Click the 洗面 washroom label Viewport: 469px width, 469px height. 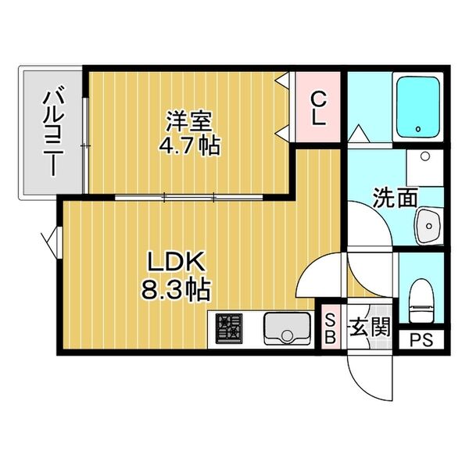pyautogui.click(x=396, y=198)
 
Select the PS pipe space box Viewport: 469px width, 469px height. pyautogui.click(x=421, y=341)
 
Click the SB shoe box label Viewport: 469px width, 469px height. pyautogui.click(x=330, y=328)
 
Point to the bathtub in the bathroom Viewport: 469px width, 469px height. pyautogui.click(x=420, y=106)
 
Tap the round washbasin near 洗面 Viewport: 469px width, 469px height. pyautogui.click(x=428, y=224)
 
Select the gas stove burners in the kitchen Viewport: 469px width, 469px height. pyautogui.click(x=229, y=329)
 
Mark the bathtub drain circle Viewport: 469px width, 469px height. pyautogui.click(x=419, y=129)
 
